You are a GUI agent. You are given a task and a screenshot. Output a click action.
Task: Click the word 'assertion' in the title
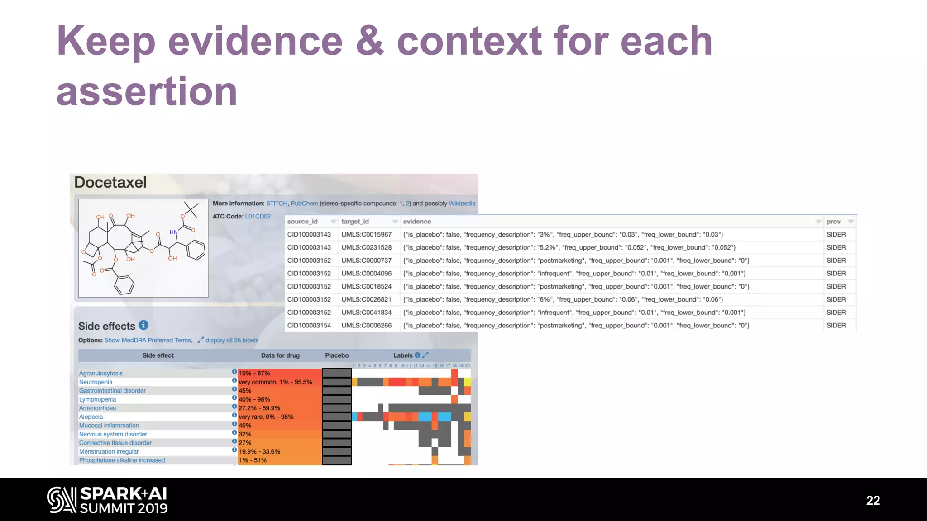point(147,92)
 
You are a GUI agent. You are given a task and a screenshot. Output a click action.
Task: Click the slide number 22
point(873,501)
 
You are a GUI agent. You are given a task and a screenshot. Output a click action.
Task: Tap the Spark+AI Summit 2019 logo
point(107,500)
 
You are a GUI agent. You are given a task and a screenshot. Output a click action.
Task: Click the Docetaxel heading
point(110,182)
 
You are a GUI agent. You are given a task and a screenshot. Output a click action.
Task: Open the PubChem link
point(304,204)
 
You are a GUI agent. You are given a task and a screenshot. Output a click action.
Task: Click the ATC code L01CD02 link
point(258,217)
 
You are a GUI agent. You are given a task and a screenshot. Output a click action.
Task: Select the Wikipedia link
point(462,204)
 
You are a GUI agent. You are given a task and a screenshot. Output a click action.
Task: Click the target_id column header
point(355,222)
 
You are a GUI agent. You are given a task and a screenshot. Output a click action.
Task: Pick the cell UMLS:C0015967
point(366,235)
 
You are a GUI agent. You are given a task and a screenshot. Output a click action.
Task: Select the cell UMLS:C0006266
point(366,326)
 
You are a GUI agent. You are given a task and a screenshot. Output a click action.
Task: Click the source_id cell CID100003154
point(309,326)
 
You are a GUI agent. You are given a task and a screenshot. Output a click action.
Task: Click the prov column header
point(833,222)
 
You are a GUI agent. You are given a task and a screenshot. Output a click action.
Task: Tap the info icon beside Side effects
point(143,325)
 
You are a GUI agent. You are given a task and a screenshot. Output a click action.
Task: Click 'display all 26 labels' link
point(232,341)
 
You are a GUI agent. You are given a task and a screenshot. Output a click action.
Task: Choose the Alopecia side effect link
point(91,417)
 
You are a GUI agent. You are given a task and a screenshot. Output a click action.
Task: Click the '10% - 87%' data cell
point(254,374)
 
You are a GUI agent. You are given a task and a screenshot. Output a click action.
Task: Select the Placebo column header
point(337,355)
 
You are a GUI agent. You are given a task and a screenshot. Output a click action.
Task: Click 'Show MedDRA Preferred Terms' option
point(148,341)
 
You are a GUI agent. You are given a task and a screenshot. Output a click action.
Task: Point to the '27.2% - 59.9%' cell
point(259,408)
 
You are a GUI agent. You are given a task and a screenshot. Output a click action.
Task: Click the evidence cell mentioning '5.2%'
point(569,248)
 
